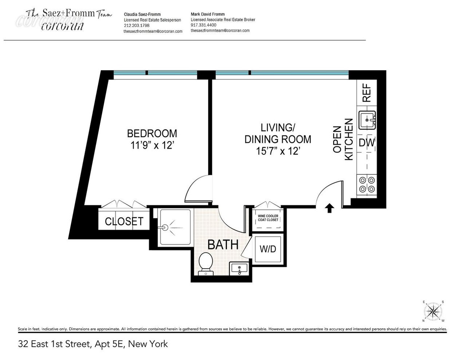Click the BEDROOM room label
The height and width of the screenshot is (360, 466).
tap(152, 133)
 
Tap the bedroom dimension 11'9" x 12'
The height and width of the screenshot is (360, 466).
tap(152, 146)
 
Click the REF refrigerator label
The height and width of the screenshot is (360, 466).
tap(367, 92)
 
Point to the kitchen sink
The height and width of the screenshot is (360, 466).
tap(367, 120)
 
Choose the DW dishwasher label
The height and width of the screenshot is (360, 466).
tap(367, 143)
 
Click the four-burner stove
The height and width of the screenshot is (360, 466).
tap(367, 184)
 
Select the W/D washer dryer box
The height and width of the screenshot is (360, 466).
tap(268, 249)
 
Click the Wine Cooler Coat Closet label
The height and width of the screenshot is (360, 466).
tap(268, 218)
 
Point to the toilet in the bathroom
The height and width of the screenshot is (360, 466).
tap(206, 264)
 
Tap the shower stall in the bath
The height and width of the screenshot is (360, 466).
tap(175, 227)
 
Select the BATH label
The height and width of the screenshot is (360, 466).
tap(223, 245)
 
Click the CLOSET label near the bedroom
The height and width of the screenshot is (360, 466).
tap(124, 221)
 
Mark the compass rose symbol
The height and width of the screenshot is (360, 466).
tap(433, 311)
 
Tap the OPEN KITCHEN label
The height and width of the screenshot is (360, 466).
tap(343, 139)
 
